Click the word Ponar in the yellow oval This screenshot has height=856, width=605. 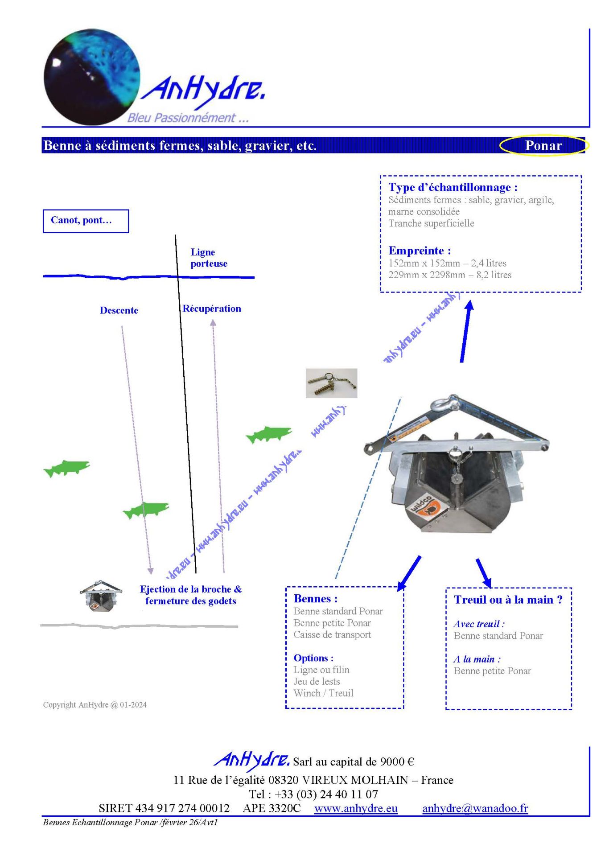tap(543, 145)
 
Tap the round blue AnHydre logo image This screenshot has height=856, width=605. tap(92, 77)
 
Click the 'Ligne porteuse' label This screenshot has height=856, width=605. tap(209, 258)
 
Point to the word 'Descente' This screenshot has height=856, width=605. tap(119, 310)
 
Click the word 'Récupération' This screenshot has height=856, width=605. tap(212, 309)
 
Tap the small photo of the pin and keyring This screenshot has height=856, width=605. tap(331, 383)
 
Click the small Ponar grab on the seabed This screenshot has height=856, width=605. tap(101, 596)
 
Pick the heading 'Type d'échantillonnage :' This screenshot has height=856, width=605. tap(453, 187)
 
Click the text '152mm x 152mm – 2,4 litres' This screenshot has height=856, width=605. tap(447, 263)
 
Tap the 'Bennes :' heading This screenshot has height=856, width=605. tap(315, 599)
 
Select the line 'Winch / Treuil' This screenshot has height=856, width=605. tap(323, 693)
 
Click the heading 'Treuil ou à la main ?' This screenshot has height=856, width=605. tap(508, 600)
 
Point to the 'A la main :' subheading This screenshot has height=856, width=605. tap(477, 659)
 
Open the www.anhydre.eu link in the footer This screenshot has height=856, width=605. tap(356, 808)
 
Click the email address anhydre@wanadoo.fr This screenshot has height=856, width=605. tap(475, 808)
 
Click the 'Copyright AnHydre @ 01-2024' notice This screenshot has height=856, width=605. tap(95, 705)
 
